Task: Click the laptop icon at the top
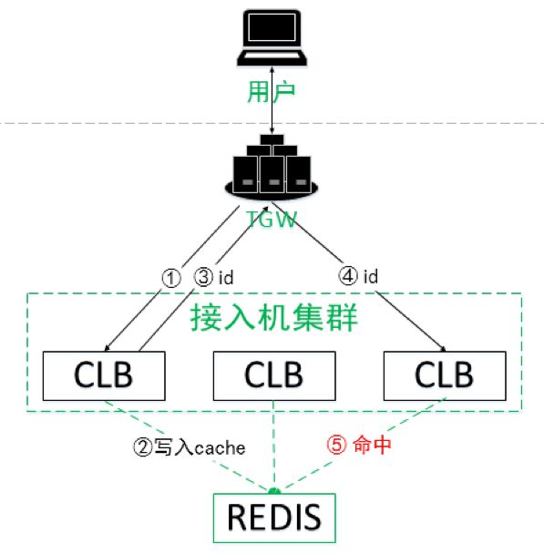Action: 272,37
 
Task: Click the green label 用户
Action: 272,92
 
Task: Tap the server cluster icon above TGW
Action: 272,167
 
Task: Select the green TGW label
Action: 272,219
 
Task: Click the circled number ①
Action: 171,278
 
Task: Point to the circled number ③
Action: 203,277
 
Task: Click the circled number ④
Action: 348,275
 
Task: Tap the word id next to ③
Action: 226,277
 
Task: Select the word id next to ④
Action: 371,276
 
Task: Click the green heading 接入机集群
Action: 274,318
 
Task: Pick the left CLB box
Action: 104,375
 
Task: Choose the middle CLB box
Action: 274,375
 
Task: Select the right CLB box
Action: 445,375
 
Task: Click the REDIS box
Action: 274,518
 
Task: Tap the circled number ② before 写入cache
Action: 143,447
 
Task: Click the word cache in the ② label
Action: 220,448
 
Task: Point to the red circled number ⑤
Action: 336,445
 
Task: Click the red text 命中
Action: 372,445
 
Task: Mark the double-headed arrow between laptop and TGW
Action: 272,100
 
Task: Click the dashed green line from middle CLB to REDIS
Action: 274,446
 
